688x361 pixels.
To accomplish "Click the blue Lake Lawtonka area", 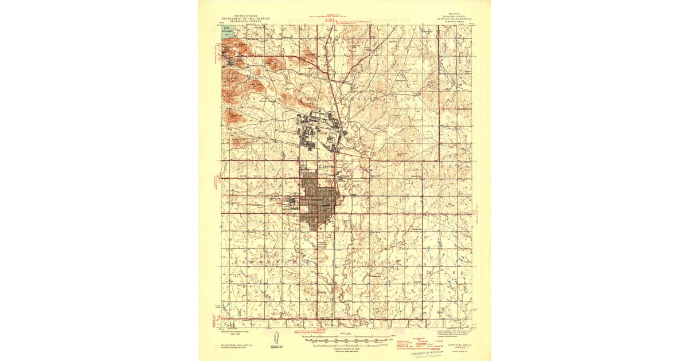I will coord(228,32).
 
